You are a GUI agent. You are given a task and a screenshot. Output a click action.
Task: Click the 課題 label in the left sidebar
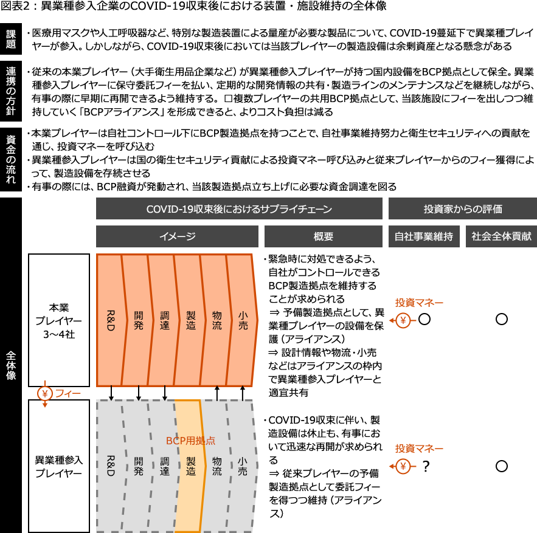[x=11, y=39]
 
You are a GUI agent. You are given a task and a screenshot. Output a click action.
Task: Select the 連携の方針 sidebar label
[x=11, y=91]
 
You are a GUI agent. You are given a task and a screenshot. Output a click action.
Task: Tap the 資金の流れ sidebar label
[x=11, y=159]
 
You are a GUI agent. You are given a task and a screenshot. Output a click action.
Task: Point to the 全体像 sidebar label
[x=11, y=365]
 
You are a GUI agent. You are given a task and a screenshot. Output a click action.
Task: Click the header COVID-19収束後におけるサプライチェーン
[x=239, y=208]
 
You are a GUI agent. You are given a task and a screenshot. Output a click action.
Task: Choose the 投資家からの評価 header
[x=462, y=208]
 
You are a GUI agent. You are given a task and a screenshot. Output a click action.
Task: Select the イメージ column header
[x=177, y=236]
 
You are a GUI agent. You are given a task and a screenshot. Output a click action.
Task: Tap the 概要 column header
[x=323, y=236]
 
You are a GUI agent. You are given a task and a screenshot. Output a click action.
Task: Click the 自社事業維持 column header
[x=423, y=236]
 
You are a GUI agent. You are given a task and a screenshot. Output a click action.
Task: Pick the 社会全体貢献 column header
[x=501, y=236]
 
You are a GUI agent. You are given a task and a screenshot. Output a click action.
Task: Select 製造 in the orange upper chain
[x=191, y=320]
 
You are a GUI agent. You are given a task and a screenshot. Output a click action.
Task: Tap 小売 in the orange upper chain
[x=243, y=320]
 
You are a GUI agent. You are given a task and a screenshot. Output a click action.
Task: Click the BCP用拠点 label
[x=190, y=441]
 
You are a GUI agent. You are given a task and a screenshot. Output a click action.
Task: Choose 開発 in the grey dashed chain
[x=139, y=466]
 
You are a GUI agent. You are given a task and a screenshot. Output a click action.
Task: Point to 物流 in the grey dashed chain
[x=217, y=466]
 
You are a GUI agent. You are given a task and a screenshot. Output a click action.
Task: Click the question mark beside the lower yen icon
[x=425, y=466]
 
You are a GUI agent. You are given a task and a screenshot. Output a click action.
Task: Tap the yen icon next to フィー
[x=45, y=393]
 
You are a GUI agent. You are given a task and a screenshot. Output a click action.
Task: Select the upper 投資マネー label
[x=419, y=303]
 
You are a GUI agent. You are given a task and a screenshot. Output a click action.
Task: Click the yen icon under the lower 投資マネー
[x=403, y=466]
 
